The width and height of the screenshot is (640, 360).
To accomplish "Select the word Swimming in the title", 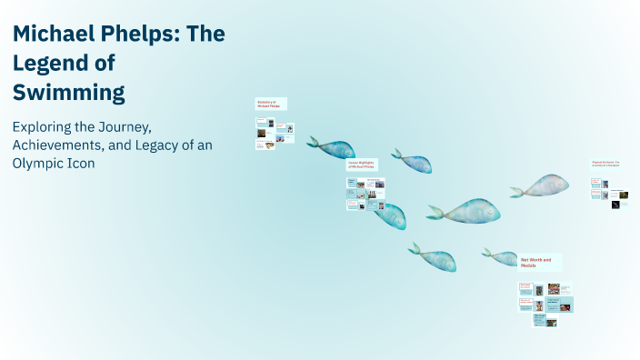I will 68,92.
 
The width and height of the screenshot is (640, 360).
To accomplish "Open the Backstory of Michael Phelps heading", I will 271,104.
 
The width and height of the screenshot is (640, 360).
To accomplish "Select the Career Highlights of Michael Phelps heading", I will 361,165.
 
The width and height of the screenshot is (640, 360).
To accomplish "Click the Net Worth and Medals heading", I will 539,262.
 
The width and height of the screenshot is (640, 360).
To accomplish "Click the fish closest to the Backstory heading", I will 331,147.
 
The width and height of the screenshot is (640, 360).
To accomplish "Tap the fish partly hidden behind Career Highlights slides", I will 392,216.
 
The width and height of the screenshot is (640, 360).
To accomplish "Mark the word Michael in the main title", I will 51,35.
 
